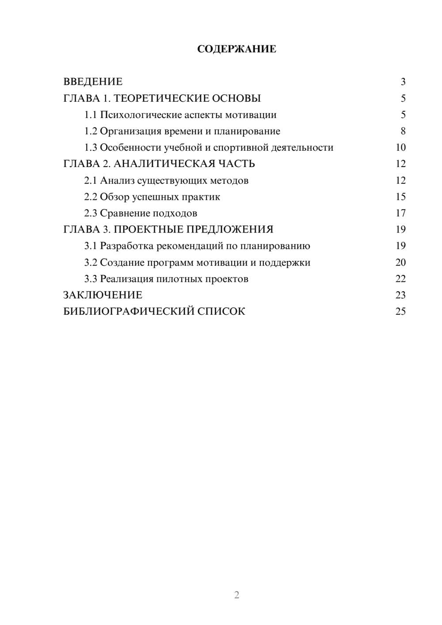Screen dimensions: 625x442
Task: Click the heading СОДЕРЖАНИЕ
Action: [x=236, y=49]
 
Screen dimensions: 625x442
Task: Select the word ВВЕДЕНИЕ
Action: [x=93, y=82]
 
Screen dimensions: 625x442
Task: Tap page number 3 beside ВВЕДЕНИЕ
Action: [x=403, y=82]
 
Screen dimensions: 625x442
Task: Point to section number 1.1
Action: [x=91, y=115]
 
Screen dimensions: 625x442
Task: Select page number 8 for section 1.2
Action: [x=403, y=131]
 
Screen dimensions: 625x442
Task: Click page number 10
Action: [x=400, y=148]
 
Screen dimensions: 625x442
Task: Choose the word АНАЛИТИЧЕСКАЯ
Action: [x=164, y=164]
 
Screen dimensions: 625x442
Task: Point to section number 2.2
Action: [x=91, y=197]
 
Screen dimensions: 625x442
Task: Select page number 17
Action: [x=400, y=213]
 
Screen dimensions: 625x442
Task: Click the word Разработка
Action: [x=127, y=246]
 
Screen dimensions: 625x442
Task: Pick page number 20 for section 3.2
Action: [x=400, y=263]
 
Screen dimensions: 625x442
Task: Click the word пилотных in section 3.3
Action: [x=179, y=279]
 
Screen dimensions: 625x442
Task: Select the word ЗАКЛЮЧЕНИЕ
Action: [x=103, y=295]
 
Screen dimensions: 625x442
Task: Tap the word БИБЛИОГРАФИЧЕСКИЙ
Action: [x=129, y=312]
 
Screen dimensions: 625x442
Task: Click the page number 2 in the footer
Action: [x=236, y=595]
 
